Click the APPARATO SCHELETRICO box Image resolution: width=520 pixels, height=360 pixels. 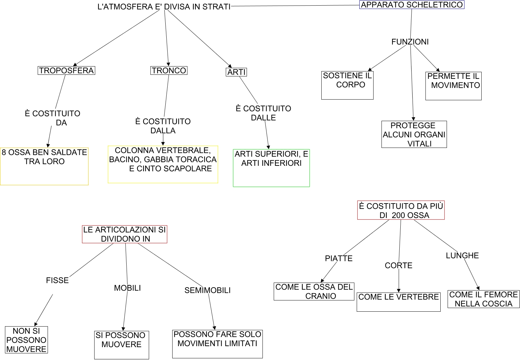click(x=412, y=5)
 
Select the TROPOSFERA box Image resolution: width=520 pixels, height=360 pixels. click(x=66, y=70)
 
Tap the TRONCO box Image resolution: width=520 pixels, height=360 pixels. click(x=169, y=70)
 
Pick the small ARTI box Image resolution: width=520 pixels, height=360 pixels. click(x=236, y=72)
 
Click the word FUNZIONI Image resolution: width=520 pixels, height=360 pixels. click(x=410, y=42)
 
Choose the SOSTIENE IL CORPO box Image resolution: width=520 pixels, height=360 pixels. click(x=347, y=85)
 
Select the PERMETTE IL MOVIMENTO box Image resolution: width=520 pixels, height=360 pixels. click(x=453, y=86)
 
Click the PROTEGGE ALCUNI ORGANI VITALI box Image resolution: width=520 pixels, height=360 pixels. click(x=414, y=134)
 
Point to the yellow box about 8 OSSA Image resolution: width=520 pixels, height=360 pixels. click(x=44, y=166)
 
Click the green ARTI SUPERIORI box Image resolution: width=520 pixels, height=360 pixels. click(x=271, y=168)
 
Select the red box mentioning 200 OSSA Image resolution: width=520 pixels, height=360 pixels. click(x=401, y=210)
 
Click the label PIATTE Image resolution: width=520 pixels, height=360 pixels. click(x=339, y=258)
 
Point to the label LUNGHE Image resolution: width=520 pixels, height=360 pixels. click(x=462, y=255)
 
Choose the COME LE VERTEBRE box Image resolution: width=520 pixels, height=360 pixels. click(x=398, y=301)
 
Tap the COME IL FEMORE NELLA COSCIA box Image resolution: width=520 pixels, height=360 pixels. click(x=483, y=299)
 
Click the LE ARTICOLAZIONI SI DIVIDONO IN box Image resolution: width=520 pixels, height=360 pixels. click(x=124, y=234)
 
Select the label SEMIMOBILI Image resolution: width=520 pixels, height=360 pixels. click(x=207, y=290)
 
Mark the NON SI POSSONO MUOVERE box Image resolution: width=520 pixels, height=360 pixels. click(x=26, y=340)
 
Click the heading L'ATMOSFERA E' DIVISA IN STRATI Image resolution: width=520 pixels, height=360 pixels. click(x=164, y=7)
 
